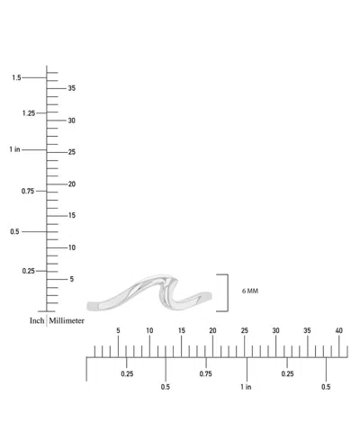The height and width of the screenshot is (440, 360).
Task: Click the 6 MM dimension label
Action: pyautogui.click(x=250, y=291)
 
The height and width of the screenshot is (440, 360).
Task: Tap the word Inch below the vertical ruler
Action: pyautogui.click(x=37, y=320)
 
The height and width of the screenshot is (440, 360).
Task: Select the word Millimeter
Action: pyautogui.click(x=67, y=320)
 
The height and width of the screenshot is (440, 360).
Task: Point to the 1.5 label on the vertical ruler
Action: pyautogui.click(x=16, y=77)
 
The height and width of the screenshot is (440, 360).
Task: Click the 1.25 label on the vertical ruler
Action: pyautogui.click(x=29, y=113)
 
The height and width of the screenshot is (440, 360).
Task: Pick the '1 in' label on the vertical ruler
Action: pyautogui.click(x=14, y=149)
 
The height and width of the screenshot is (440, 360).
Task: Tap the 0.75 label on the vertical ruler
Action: pyautogui.click(x=28, y=191)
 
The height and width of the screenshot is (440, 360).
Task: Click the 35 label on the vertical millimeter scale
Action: pyautogui.click(x=72, y=88)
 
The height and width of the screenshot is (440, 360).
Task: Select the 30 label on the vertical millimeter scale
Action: pyautogui.click(x=72, y=121)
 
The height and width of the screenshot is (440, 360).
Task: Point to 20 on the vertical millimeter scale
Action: pyautogui.click(x=72, y=184)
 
